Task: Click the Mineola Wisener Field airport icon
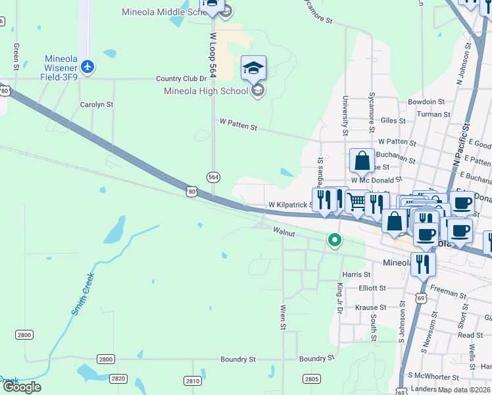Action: [88, 66]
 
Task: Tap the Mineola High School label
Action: [205, 91]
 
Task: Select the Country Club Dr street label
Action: [181, 79]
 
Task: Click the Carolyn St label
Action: [97, 104]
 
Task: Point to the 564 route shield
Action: [213, 177]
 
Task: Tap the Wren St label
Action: [283, 317]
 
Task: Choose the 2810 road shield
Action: [192, 381]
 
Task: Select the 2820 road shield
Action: [118, 379]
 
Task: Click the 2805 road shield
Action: [312, 379]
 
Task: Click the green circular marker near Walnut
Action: [335, 240]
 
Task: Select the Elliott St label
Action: [372, 288]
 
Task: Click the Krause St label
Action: [370, 307]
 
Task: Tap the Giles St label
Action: [393, 120]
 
